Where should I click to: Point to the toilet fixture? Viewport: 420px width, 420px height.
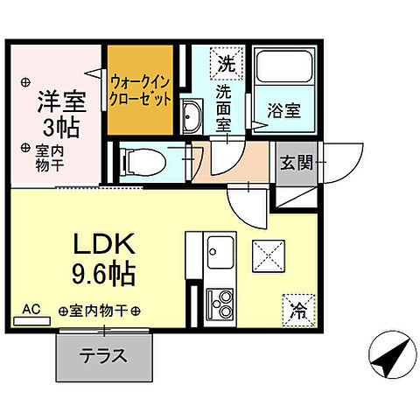pos(141,161)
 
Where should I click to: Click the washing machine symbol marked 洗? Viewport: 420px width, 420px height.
pos(227,63)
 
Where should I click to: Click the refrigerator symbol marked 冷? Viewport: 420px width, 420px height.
pos(297,308)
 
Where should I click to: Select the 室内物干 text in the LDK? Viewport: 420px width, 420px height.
pos(100,311)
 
